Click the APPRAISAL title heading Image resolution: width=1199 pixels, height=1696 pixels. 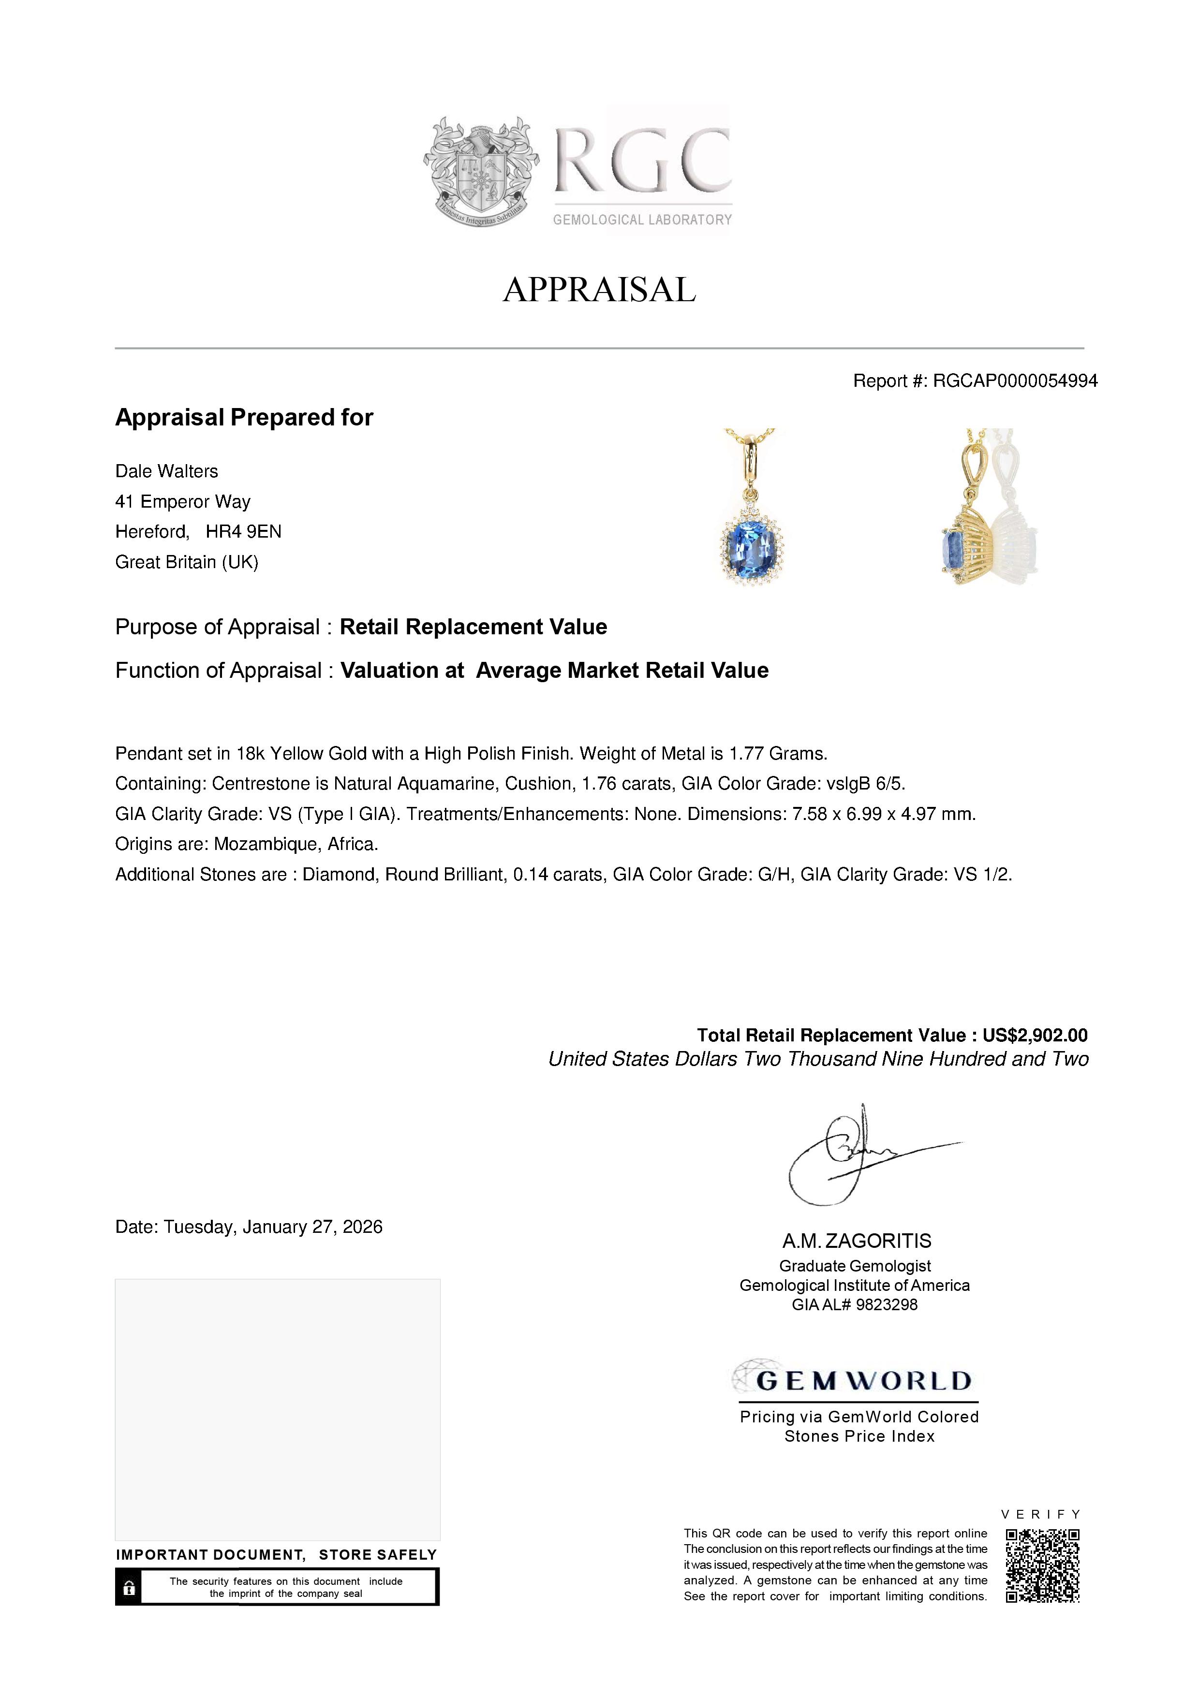pos(599,290)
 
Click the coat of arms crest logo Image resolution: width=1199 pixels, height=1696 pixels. pos(480,171)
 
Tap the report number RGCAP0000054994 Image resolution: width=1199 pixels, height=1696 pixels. pos(1015,380)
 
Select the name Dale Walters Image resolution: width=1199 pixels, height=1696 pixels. pos(167,471)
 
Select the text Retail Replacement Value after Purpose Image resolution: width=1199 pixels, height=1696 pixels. pos(473,627)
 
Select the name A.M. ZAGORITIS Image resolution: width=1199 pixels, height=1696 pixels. pos(857,1241)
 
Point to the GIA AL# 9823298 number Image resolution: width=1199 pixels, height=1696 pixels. pos(855,1304)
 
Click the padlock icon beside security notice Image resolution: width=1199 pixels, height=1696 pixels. pos(129,1587)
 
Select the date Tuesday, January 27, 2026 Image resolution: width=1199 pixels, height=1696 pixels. pos(273,1227)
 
